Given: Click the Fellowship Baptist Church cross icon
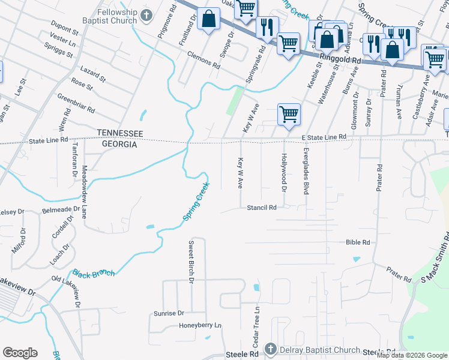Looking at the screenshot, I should click(x=146, y=14).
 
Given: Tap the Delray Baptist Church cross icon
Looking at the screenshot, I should click(x=270, y=349).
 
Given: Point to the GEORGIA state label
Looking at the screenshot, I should click(x=119, y=145).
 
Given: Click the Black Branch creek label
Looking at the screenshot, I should click(x=94, y=274).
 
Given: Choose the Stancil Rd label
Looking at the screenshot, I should click(x=262, y=208).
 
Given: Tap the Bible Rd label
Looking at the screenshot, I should click(x=357, y=242).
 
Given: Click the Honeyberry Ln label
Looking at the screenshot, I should click(x=200, y=325).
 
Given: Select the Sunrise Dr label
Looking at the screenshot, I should click(x=168, y=313).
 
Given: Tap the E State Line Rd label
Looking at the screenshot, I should click(x=324, y=137).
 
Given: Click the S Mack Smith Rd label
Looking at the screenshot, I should click(x=435, y=256).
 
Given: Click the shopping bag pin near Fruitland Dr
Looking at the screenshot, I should click(x=208, y=19).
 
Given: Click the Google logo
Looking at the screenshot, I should click(x=20, y=352).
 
